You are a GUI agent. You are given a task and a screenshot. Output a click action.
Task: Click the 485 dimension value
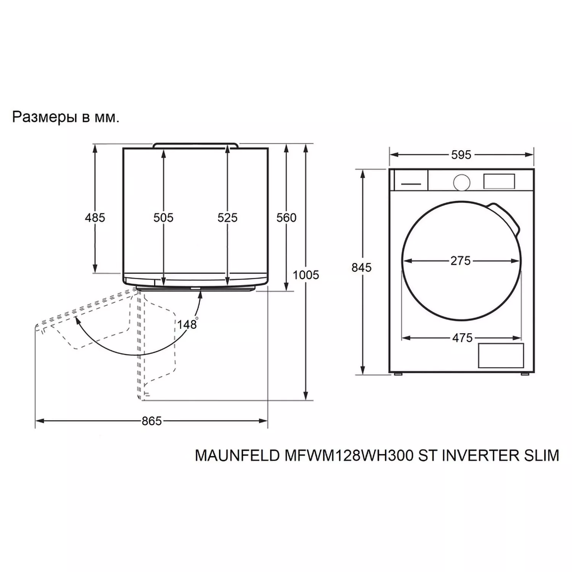(95, 218)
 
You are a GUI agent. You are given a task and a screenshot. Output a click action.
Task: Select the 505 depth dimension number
(164, 218)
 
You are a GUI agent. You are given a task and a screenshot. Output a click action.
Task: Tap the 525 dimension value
(228, 218)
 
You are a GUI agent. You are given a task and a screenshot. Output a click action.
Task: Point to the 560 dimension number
(286, 218)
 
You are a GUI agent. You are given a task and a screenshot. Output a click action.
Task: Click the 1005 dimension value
(306, 275)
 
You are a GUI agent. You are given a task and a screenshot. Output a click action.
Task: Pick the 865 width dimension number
(152, 421)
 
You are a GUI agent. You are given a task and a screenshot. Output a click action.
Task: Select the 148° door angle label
(188, 324)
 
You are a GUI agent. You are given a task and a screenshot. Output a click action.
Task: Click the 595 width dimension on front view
(461, 155)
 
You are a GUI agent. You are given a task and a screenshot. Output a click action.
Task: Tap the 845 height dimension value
(362, 268)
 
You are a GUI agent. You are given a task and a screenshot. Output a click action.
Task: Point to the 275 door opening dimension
(461, 261)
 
